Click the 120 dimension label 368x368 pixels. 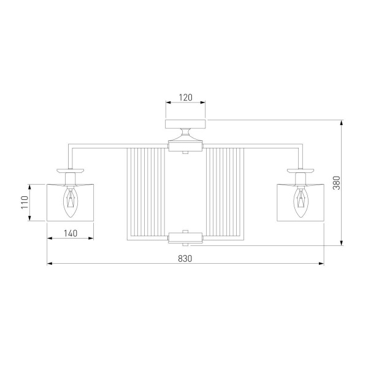point(186,98)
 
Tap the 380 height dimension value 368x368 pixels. point(337,183)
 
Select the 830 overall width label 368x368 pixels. point(185,259)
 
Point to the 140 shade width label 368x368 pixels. point(71,233)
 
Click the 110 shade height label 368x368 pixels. point(25,202)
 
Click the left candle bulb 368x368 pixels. point(70,202)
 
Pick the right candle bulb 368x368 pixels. point(301,202)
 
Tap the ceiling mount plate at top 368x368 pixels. point(185,124)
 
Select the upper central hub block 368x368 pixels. point(185,147)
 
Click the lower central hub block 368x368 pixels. point(185,237)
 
